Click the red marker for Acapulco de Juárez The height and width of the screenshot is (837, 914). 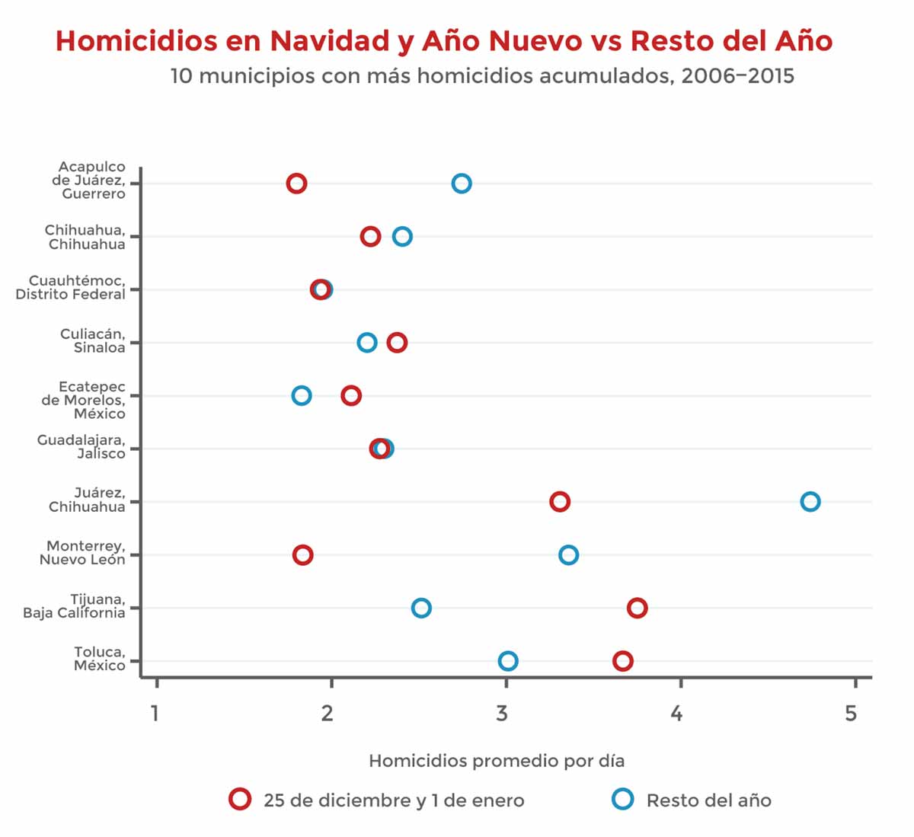(x=296, y=184)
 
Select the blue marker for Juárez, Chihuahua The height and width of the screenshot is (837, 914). (x=810, y=502)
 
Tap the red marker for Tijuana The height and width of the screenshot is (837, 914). (x=638, y=608)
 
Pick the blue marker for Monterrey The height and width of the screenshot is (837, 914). (x=568, y=555)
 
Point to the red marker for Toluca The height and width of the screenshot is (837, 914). (x=623, y=661)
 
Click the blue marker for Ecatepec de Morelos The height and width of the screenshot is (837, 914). (x=302, y=396)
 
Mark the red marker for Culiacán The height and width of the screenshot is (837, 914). (x=397, y=343)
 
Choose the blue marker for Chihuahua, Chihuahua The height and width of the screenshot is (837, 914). (x=402, y=237)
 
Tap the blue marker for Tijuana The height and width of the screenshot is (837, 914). (x=421, y=608)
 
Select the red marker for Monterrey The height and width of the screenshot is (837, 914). (x=302, y=555)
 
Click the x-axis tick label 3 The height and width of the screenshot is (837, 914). (x=501, y=714)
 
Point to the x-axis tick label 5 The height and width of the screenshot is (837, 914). (x=851, y=714)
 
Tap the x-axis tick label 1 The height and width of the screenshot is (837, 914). (x=155, y=714)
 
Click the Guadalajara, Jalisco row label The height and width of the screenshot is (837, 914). (x=81, y=447)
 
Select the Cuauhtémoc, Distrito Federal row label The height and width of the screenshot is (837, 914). (x=71, y=288)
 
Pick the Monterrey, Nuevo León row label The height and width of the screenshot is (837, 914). (x=82, y=553)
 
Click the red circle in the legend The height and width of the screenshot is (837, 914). (x=240, y=799)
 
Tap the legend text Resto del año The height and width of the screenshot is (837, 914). (x=708, y=800)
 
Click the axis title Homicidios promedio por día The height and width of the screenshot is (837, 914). (x=497, y=761)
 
